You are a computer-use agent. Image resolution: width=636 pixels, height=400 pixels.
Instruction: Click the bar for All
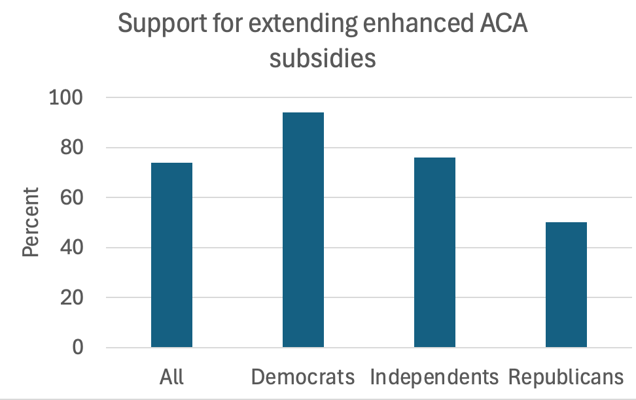click(171, 255)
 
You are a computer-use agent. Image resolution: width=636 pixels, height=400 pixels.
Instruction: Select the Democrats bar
click(303, 230)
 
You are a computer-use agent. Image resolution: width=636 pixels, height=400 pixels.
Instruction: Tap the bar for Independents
click(434, 252)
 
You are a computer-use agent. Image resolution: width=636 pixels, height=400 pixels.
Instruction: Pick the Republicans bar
click(566, 285)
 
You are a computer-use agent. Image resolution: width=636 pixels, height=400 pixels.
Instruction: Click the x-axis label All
click(171, 377)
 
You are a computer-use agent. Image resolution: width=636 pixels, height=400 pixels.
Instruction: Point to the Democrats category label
click(303, 377)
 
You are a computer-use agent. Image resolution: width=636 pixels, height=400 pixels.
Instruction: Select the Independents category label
click(434, 377)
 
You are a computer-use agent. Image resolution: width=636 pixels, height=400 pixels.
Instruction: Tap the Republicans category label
click(566, 377)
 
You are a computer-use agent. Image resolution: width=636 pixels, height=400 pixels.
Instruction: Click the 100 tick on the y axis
click(67, 98)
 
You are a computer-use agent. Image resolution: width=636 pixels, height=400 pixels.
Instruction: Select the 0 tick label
click(78, 348)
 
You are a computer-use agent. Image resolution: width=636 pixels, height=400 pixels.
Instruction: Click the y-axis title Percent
click(31, 222)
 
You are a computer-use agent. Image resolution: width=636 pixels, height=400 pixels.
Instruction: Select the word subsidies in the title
click(323, 58)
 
